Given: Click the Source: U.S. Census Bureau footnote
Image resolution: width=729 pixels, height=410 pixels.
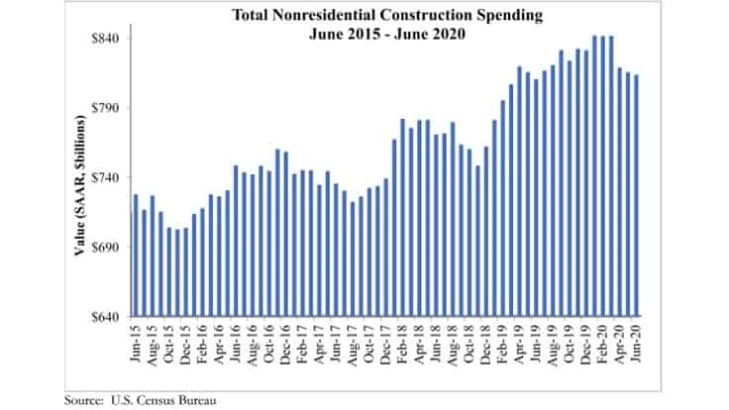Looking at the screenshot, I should click(x=140, y=400).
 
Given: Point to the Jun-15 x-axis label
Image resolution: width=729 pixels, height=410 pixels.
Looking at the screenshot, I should click(x=135, y=342).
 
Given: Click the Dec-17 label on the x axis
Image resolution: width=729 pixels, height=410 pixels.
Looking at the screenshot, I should click(x=385, y=342).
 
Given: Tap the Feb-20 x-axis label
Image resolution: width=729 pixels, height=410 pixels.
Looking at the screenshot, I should click(x=601, y=342).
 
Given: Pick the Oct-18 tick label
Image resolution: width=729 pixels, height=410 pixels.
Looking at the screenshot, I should click(x=469, y=342).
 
